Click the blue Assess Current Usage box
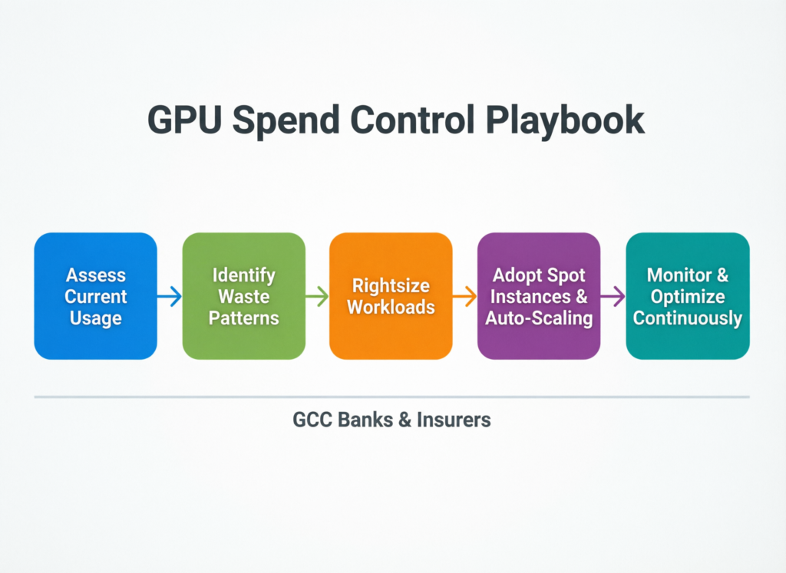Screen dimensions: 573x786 pos(95,295)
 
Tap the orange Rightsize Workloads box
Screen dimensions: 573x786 pos(391,295)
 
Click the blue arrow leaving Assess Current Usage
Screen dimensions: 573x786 pos(170,296)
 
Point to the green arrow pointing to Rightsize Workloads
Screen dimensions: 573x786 pos(317,296)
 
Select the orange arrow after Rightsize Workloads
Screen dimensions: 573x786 pos(465,296)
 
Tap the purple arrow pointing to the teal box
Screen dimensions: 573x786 pos(613,296)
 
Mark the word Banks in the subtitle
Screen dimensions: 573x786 pos(365,420)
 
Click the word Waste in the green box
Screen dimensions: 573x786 pos(243,296)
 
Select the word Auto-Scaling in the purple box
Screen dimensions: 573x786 pos(539,317)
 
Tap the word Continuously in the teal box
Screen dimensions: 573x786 pos(687,317)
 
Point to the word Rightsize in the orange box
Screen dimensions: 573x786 pos(391,285)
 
